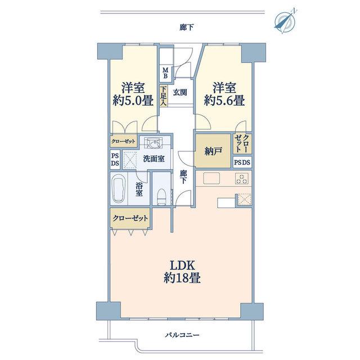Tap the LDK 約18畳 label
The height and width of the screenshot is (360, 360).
[x=182, y=272]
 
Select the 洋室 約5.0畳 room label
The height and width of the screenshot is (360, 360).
[x=133, y=94]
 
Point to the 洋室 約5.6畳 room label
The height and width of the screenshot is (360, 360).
[x=224, y=94]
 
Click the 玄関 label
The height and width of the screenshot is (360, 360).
[x=180, y=92]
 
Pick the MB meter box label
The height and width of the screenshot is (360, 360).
[x=165, y=73]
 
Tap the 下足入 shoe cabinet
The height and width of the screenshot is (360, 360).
[x=164, y=96]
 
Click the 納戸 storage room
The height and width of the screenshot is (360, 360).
[x=213, y=151]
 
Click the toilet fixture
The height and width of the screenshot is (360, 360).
[x=161, y=196]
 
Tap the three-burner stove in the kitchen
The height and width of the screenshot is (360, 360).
[x=242, y=179]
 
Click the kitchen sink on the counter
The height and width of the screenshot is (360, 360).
[x=211, y=178]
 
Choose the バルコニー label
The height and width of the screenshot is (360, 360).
[x=182, y=335]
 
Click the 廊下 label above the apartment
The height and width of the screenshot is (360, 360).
[x=186, y=28]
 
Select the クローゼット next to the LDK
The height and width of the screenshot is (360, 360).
[x=130, y=218]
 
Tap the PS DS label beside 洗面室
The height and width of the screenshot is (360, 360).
[x=115, y=160]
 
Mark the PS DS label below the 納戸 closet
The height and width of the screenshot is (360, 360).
[x=242, y=163]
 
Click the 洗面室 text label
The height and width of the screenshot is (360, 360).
[x=154, y=159]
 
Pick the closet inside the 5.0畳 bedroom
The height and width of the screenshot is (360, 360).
[x=124, y=141]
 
